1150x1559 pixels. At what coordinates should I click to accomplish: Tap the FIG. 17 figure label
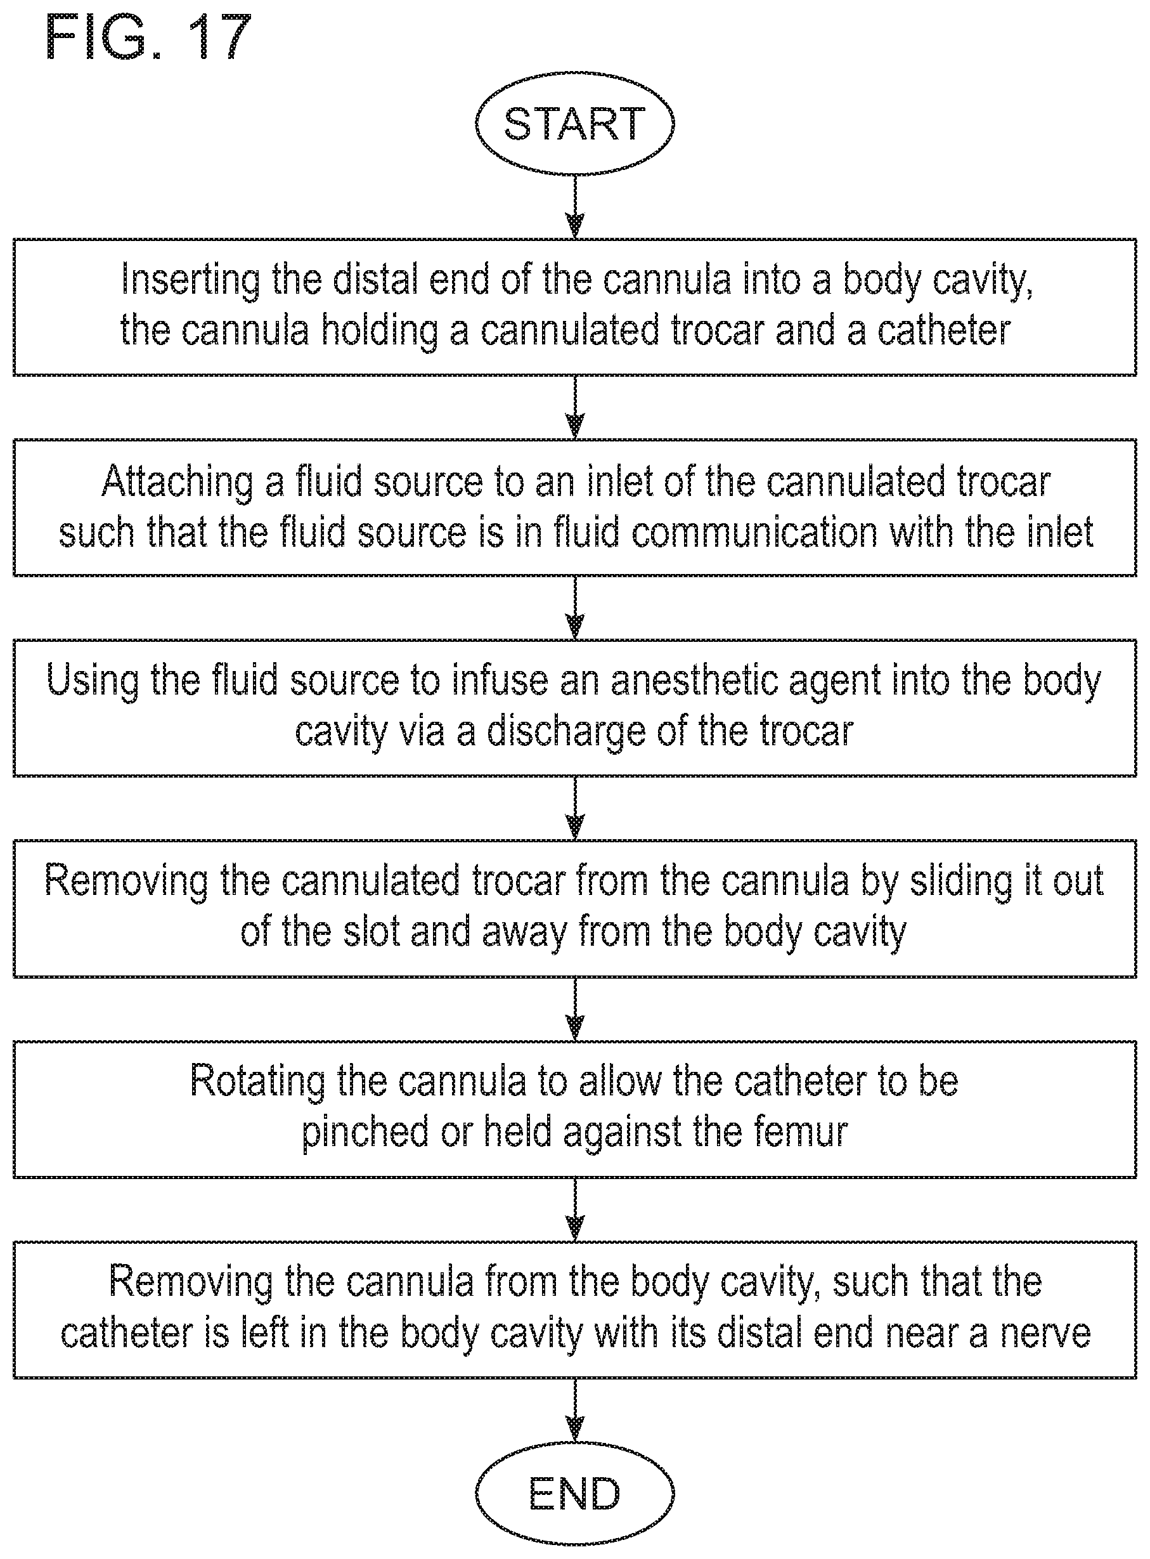tap(148, 37)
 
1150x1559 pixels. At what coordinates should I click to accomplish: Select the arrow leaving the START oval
tap(575, 207)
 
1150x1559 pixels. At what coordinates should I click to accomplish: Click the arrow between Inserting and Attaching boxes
tap(575, 407)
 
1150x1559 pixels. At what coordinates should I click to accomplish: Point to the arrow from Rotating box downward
tap(575, 1210)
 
